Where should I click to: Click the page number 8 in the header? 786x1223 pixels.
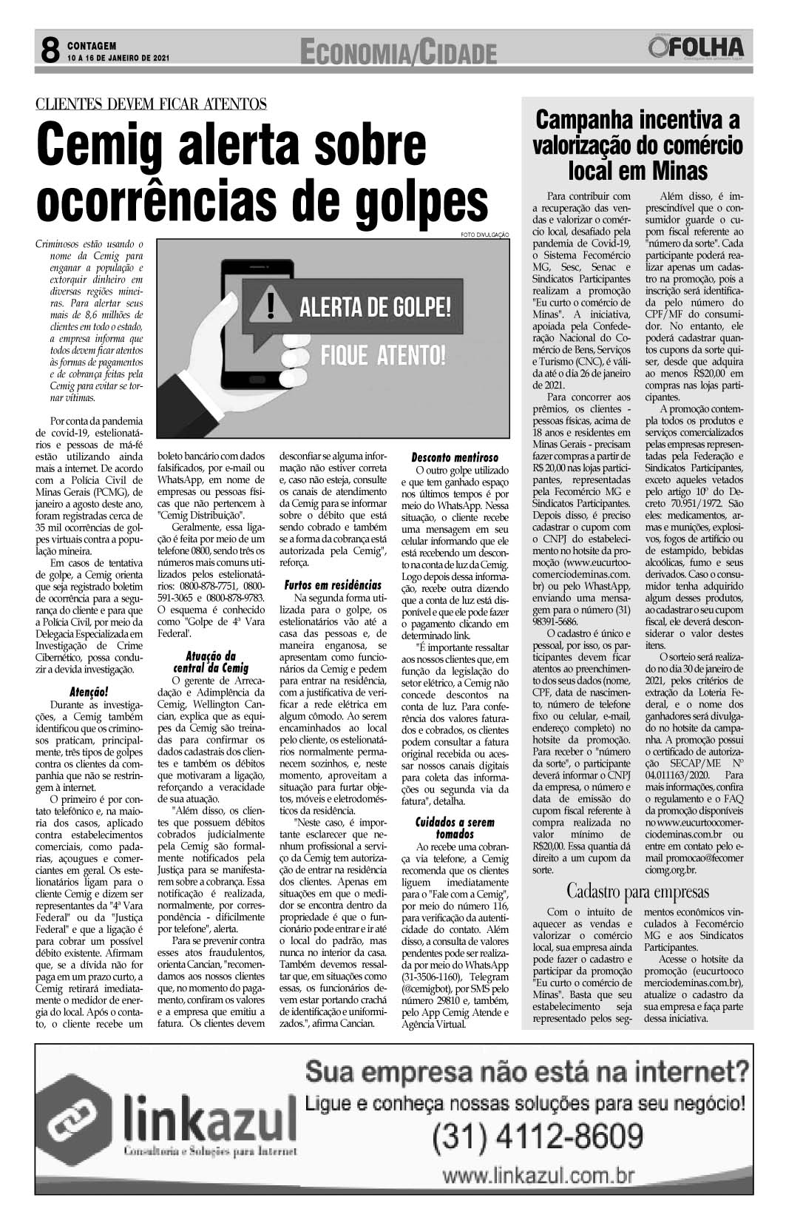[x=50, y=50]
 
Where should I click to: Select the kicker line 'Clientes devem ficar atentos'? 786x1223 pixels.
[x=151, y=104]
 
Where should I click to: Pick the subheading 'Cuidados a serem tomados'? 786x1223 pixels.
[x=455, y=827]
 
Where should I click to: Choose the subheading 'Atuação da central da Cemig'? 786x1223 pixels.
[x=211, y=661]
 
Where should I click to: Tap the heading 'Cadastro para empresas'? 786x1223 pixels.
[x=637, y=890]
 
